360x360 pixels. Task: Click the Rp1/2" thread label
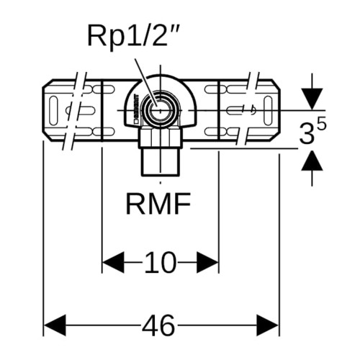point(133,36)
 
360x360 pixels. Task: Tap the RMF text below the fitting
point(158,204)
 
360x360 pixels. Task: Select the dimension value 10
point(160,262)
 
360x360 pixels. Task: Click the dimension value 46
point(158,325)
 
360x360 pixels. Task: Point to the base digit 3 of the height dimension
point(307,134)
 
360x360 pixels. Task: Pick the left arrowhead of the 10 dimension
point(113,262)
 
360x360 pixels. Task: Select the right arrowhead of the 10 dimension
point(207,262)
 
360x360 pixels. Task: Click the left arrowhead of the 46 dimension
point(55,325)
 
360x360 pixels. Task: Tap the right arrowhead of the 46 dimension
point(268,325)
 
